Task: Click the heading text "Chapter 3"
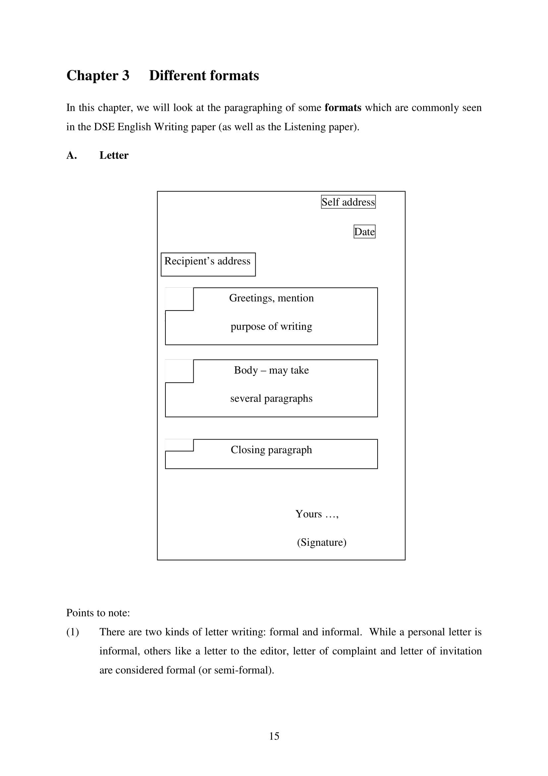point(97,75)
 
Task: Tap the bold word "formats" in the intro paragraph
point(343,107)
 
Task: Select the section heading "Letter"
point(114,155)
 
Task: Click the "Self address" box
point(348,202)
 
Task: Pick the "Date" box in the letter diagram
point(364,232)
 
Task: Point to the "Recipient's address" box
point(208,264)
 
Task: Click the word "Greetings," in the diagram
point(252,298)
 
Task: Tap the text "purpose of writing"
point(271,326)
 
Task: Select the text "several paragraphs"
point(271,398)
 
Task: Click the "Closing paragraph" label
point(271,450)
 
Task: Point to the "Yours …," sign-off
point(317,514)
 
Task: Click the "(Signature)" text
point(322,542)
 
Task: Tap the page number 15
point(274,736)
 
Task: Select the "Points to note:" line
point(98,613)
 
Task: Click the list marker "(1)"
point(73,632)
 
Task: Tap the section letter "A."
point(72,155)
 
